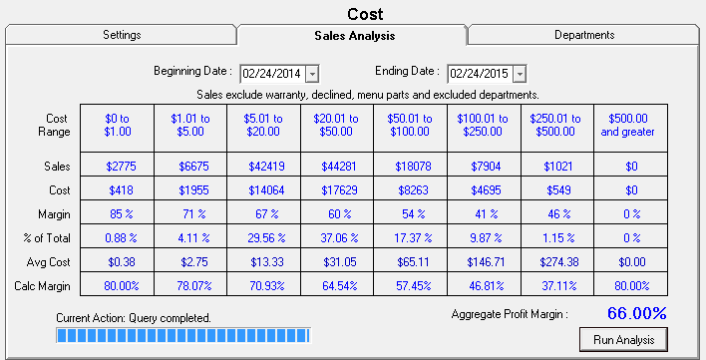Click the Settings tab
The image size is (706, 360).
click(122, 35)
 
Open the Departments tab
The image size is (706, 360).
click(584, 35)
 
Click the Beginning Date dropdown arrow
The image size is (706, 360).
click(312, 73)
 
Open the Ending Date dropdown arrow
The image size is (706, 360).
click(520, 73)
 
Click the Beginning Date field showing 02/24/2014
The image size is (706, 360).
click(272, 73)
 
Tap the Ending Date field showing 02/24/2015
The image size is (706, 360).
click(480, 73)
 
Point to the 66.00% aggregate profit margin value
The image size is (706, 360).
click(637, 313)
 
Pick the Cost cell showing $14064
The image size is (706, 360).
click(264, 188)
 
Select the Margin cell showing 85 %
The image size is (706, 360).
click(118, 211)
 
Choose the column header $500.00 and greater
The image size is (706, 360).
click(631, 124)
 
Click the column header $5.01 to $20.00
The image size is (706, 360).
click(264, 124)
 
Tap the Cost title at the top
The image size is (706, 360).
click(365, 13)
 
